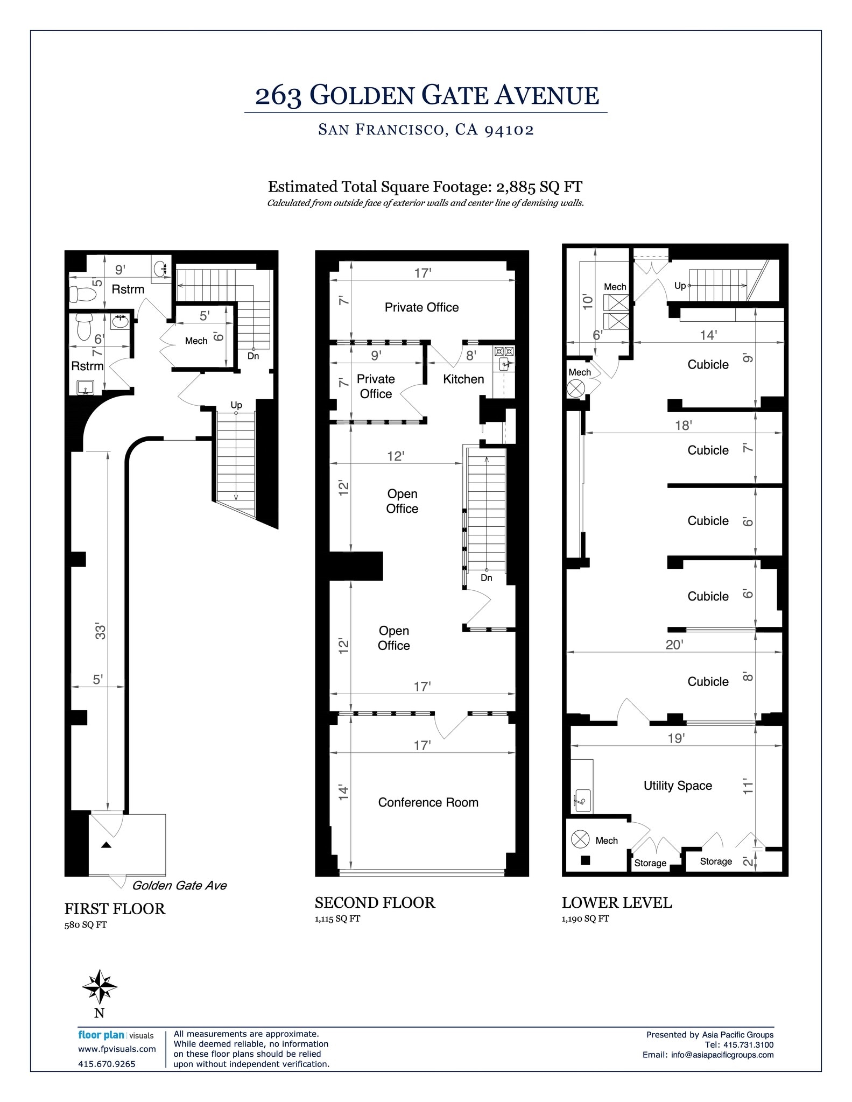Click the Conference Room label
pos(428,802)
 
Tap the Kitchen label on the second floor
pos(463,379)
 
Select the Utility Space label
pos(677,786)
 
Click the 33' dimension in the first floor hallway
pos(100,631)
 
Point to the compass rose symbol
pos(100,986)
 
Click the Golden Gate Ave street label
pos(179,886)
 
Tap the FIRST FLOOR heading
pos(115,909)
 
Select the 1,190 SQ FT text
pos(585,919)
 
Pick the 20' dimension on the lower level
pos(674,645)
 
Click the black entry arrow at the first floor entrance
pos(106,845)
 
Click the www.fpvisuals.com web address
pos(117,1049)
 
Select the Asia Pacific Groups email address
pos(722,1055)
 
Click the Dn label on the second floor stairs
pos(486,578)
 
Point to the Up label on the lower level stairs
pos(680,286)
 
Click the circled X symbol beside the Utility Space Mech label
pos(580,838)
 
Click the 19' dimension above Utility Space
pos(675,738)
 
